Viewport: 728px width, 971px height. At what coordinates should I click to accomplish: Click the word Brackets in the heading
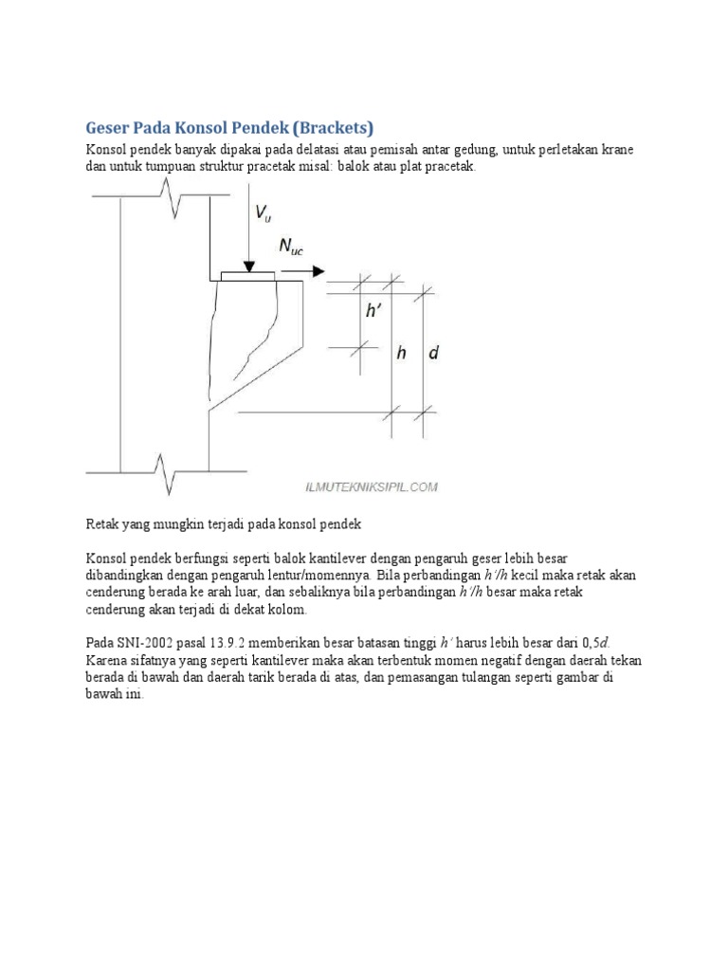(332, 128)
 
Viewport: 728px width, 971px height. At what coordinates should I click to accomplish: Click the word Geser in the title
(111, 128)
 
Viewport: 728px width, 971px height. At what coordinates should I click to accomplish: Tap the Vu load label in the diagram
(263, 214)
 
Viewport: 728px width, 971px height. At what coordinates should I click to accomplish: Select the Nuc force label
(293, 247)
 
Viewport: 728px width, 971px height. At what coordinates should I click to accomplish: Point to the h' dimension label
(375, 310)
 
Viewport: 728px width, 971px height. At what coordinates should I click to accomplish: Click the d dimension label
(433, 353)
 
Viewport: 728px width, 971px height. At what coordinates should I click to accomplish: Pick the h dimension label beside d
(402, 353)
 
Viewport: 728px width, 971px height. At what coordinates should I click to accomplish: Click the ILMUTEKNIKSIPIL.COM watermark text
(371, 486)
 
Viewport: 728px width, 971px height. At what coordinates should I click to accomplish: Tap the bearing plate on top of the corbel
(247, 276)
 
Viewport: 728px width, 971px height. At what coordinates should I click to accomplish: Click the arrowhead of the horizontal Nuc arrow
(318, 271)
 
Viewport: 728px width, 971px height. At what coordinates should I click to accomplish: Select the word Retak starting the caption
(102, 523)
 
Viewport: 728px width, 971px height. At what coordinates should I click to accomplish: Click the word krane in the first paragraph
(615, 151)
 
